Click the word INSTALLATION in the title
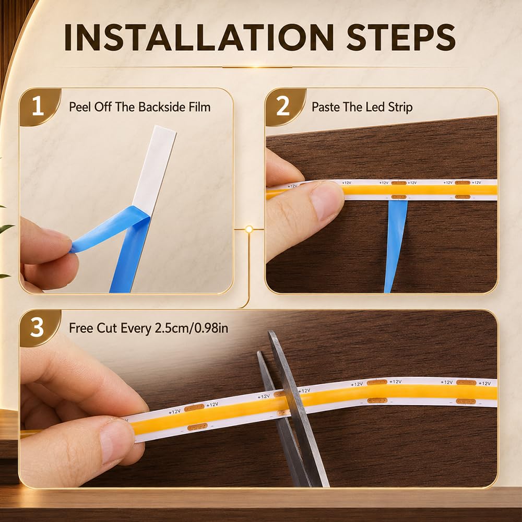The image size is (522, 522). point(199,37)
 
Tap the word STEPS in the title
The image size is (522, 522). point(401,37)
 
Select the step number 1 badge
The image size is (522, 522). point(38,106)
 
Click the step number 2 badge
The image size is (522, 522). point(283,106)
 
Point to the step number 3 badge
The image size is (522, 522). point(37,328)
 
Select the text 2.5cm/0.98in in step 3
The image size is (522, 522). point(192,328)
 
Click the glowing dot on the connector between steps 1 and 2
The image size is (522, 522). point(249,229)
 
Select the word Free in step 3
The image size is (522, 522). point(81,328)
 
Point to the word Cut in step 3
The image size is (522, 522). point(107,328)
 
